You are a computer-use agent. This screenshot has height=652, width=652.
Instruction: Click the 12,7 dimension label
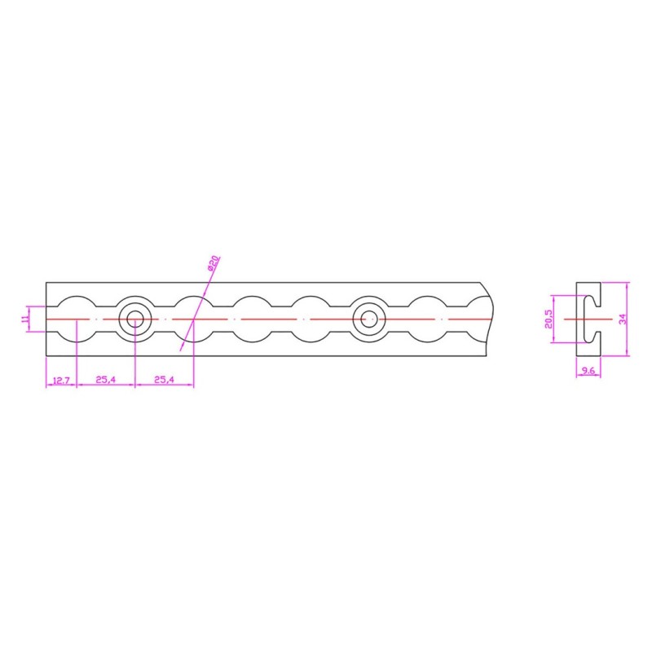pyautogui.click(x=62, y=380)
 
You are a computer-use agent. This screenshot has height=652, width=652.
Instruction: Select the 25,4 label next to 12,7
pyautogui.click(x=106, y=379)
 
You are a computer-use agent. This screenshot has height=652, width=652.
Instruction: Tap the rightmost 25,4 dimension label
pyautogui.click(x=165, y=379)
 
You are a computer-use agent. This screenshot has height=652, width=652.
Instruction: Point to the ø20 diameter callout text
pyautogui.click(x=213, y=263)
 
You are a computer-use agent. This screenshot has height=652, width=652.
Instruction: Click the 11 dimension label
pyautogui.click(x=25, y=319)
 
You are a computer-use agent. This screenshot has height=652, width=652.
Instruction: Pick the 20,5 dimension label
pyautogui.click(x=548, y=319)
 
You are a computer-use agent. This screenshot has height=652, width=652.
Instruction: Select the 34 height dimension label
pyautogui.click(x=623, y=319)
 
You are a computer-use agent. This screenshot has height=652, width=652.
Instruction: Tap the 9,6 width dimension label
pyautogui.click(x=588, y=371)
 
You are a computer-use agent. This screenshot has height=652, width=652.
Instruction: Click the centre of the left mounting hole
pyautogui.click(x=135, y=319)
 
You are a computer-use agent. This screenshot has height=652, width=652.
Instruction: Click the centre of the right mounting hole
pyautogui.click(x=369, y=319)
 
